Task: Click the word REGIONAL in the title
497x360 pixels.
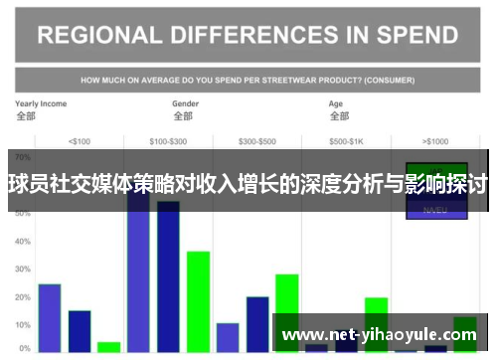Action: click(98, 36)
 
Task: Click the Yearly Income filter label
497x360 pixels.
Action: click(41, 103)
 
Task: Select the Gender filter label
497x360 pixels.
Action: click(186, 103)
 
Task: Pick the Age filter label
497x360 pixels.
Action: click(336, 103)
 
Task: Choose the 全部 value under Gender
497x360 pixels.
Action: click(183, 115)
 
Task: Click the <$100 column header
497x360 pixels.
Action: click(79, 140)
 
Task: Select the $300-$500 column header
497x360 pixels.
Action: click(257, 140)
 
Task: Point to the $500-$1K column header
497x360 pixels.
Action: click(347, 140)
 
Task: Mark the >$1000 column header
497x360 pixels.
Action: click(435, 140)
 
